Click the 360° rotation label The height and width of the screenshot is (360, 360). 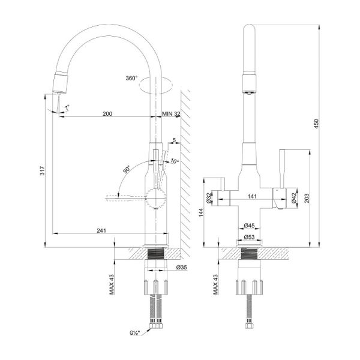coord(131,78)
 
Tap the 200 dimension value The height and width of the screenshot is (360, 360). coord(107,113)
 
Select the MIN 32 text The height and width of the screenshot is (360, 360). coord(171,113)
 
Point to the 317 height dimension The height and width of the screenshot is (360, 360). coord(43,170)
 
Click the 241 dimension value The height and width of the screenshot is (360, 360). coord(101,230)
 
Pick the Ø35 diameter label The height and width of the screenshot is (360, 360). coord(182,267)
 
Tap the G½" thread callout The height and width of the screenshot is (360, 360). coord(135,333)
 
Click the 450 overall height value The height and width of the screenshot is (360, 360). coord(316,124)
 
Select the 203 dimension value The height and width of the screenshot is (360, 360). coord(307,199)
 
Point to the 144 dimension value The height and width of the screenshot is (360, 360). coord(201,212)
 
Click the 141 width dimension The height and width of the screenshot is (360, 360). coord(252,197)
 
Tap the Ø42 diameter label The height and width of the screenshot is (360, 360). coord(294,198)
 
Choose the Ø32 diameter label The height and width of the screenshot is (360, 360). coord(209,198)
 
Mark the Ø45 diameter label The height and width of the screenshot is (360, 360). coord(250,226)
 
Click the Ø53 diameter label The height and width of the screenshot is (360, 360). coord(250,237)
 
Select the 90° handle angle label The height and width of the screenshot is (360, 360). coord(127,169)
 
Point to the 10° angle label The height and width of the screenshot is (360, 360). coord(175,161)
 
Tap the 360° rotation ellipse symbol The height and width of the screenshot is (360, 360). coord(155,85)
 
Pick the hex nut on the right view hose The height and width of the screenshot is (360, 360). coord(249,326)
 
